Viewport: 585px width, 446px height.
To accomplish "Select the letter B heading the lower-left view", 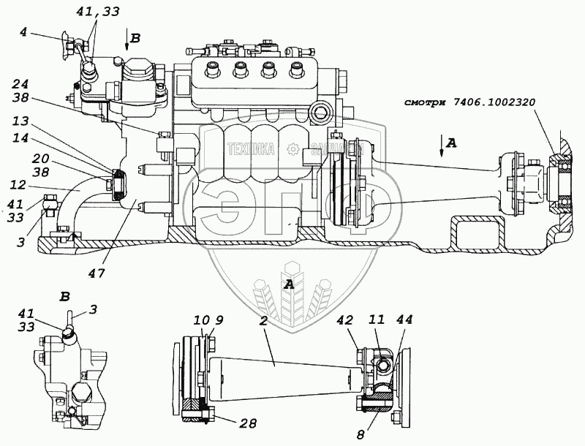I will (64, 297).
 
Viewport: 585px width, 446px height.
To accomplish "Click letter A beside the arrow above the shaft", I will (452, 144).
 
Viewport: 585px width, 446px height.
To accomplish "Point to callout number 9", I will (211, 320).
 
